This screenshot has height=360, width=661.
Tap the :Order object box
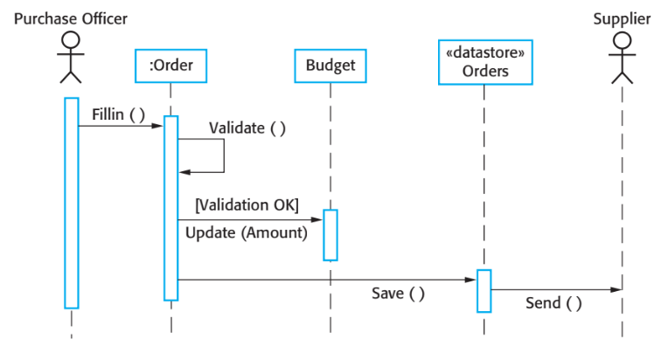click(170, 65)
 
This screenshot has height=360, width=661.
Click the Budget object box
click(330, 65)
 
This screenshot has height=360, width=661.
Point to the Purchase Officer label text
click(71, 18)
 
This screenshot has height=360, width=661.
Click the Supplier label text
click(622, 18)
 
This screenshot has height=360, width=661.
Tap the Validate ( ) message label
click(247, 128)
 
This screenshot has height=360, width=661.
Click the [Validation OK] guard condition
click(247, 205)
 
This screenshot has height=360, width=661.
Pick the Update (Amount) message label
click(247, 233)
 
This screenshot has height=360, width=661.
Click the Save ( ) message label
click(398, 294)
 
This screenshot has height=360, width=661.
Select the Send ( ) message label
click(553, 304)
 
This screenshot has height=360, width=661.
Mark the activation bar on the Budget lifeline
click(330, 234)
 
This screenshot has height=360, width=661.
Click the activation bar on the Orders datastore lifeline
click(484, 290)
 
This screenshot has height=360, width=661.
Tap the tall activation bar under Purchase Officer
click(71, 202)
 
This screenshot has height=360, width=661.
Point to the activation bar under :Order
click(171, 208)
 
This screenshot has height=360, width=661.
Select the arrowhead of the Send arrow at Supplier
click(616, 289)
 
